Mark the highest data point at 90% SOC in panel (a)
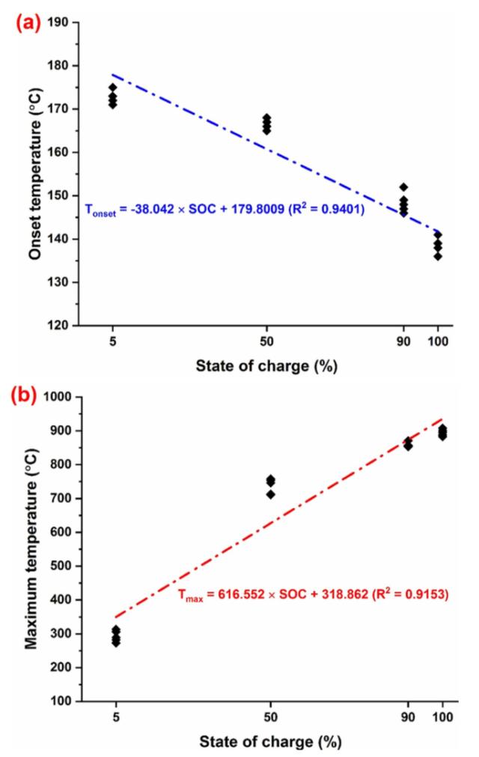[x=403, y=187]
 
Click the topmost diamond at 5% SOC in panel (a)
[x=112, y=88]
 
